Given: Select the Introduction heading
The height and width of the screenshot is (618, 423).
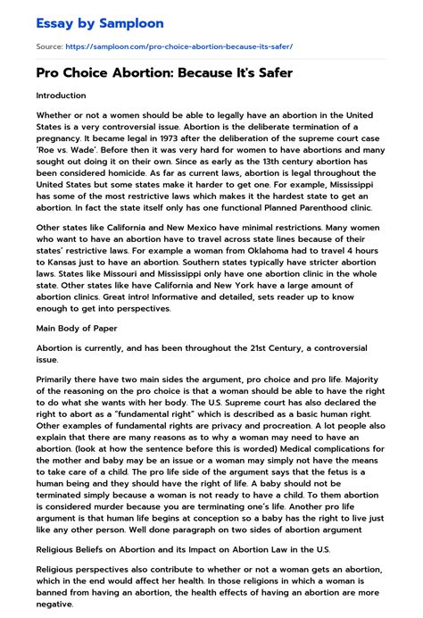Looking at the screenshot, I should click(62, 95).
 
